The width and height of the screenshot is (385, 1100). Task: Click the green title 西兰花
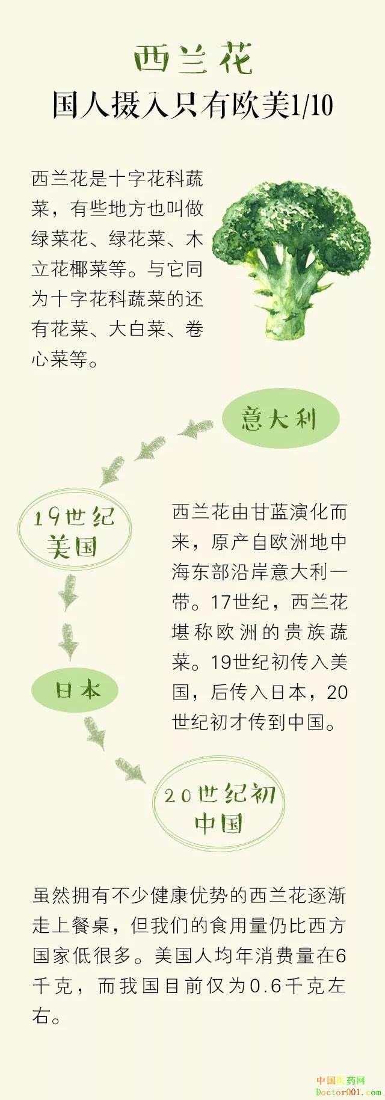coord(192,60)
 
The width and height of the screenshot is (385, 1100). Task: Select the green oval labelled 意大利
coord(280,419)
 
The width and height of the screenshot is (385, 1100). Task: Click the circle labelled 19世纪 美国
coord(74,532)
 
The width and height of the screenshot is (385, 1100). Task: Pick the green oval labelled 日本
coord(75,690)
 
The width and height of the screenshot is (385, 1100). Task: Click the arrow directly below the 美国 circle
coord(68,592)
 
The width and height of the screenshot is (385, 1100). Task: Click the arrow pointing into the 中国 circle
coord(131,769)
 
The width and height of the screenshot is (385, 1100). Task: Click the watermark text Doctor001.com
coord(348,1092)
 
